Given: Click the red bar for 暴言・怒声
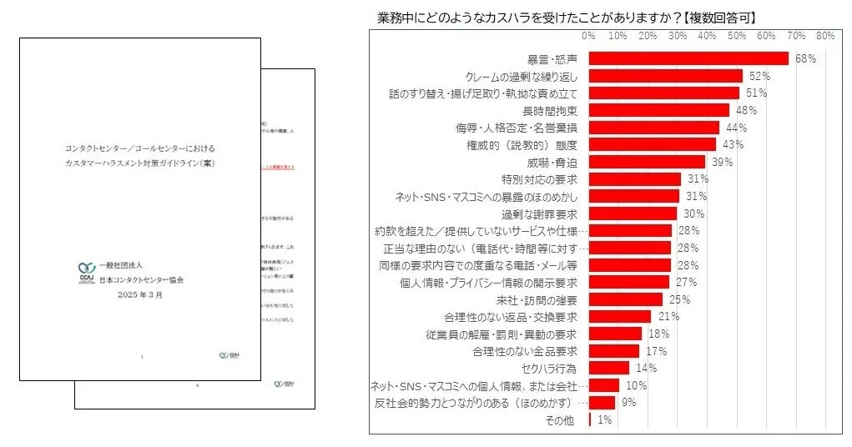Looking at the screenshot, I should pos(688,58).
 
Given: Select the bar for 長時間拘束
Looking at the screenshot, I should pos(658,110).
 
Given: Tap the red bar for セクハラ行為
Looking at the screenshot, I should pos(608,368).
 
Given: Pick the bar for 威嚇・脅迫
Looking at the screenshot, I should pos(647,162).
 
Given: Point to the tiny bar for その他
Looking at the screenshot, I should pos(590,419).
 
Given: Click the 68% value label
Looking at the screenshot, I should pos(805,58).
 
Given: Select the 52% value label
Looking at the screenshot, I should pos(759,76).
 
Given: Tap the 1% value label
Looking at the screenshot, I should pos(604,420).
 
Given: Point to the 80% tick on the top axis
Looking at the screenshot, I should pos(825,36).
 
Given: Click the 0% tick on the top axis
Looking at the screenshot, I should pos(588,36).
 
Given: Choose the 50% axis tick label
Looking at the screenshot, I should pos(737,36).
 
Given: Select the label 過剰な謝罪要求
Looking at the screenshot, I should pos(540,213).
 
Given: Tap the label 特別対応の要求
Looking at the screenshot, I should pos(540,179).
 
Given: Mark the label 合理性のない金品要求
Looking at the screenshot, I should pos(525,351).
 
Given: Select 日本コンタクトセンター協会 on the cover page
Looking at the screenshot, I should pos(141,280).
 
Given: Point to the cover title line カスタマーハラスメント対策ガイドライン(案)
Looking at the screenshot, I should pos(140,163).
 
